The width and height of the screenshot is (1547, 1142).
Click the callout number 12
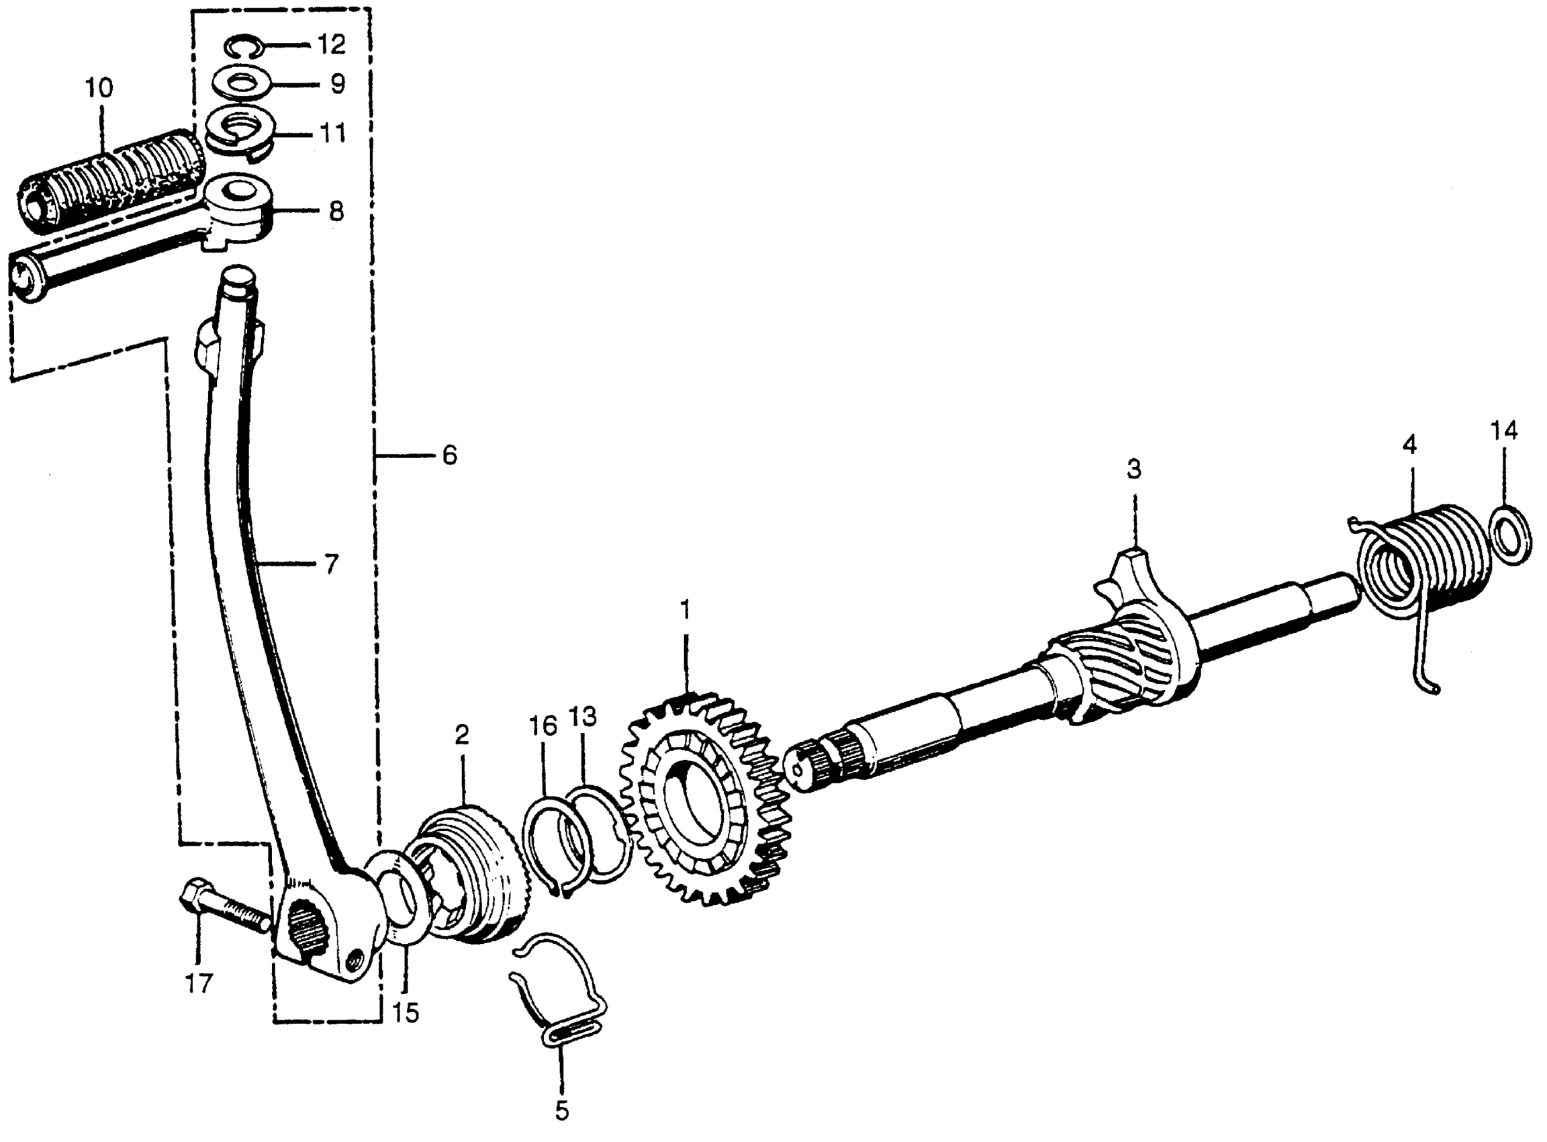(331, 45)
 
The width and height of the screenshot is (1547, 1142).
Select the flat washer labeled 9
(242, 85)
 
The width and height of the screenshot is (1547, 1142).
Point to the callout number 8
(336, 211)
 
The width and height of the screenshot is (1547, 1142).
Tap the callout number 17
(198, 983)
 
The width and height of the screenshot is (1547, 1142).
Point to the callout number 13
(582, 717)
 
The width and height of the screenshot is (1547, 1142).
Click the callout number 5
(562, 1111)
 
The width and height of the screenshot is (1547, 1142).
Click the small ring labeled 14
(1511, 533)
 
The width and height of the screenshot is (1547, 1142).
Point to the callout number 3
(1134, 470)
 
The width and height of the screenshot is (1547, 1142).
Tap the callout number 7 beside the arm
(331, 564)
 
